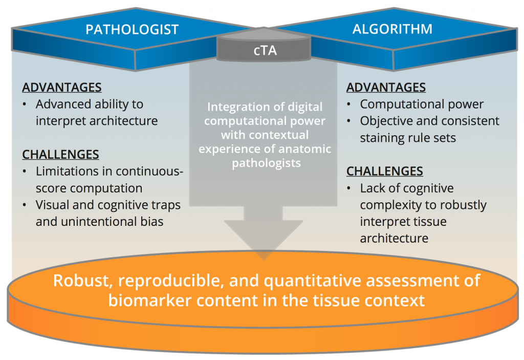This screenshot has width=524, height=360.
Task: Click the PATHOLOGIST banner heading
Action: pos(132,29)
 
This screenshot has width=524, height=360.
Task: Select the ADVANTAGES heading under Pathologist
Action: pos(61,88)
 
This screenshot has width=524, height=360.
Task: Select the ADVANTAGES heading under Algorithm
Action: pos(386,88)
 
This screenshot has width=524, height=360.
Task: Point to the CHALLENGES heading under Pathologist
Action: pos(60,154)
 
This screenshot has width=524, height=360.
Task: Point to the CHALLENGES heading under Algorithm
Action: pos(385,171)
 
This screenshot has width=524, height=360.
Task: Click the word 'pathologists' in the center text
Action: pos(265,163)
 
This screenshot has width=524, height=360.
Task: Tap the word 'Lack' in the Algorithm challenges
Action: pos(373,188)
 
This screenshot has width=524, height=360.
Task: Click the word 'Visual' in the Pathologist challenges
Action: pos(53,205)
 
